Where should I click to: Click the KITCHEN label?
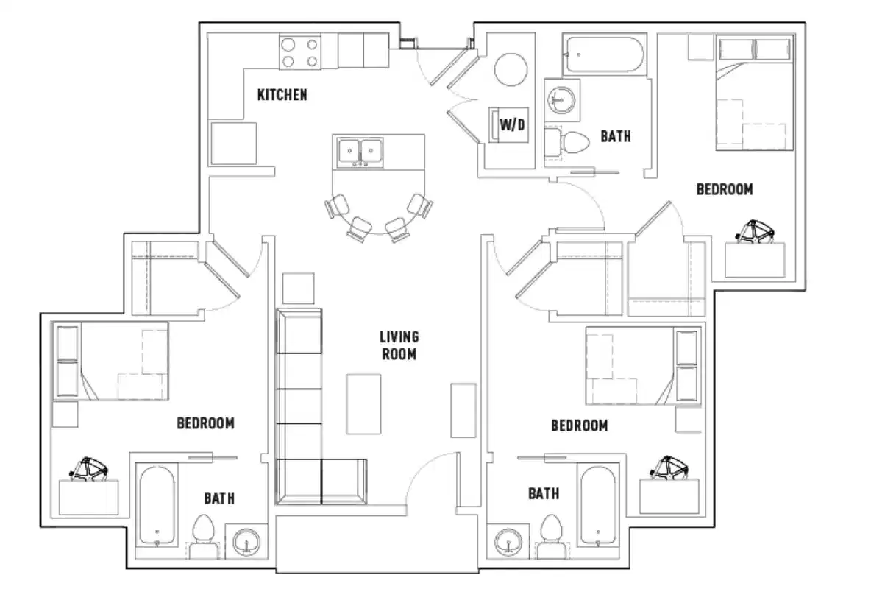pyautogui.click(x=282, y=95)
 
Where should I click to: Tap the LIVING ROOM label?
pyautogui.click(x=399, y=345)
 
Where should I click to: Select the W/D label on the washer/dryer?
pyautogui.click(x=513, y=124)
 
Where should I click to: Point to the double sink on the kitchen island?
pyautogui.click(x=361, y=152)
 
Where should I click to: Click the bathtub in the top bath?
pyautogui.click(x=603, y=54)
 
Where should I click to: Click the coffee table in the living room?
pyautogui.click(x=363, y=404)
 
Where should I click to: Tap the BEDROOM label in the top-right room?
pyautogui.click(x=724, y=189)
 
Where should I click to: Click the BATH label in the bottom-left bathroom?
pyautogui.click(x=219, y=498)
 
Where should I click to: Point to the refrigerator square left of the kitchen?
pyautogui.click(x=233, y=144)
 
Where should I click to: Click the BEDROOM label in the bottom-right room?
pyautogui.click(x=579, y=426)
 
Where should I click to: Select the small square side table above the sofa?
pyautogui.click(x=298, y=288)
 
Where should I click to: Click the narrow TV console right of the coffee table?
pyautogui.click(x=463, y=410)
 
